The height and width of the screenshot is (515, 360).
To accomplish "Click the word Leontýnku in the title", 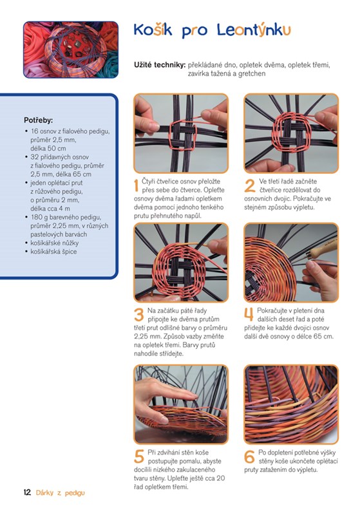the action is [254, 30].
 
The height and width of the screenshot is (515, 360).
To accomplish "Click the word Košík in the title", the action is [153, 30].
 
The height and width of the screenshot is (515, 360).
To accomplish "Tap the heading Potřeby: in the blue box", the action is [39, 120].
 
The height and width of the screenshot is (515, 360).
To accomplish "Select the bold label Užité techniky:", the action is [160, 65].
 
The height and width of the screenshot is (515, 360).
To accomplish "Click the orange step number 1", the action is [136, 186].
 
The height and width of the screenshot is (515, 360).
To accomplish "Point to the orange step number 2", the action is [250, 186].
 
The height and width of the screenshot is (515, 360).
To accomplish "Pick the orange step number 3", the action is [139, 315].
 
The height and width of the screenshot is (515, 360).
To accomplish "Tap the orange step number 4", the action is [249, 315].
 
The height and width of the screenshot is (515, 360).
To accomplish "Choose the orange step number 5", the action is [139, 457].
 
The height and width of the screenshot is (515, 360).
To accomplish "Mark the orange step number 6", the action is [249, 457].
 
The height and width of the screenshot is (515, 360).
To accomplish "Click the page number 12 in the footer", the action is [27, 492].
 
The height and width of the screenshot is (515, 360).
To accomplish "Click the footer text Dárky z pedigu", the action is [61, 492].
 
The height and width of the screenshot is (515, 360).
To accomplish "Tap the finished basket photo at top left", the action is [71, 50].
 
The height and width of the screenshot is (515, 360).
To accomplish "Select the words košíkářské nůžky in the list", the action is [55, 243].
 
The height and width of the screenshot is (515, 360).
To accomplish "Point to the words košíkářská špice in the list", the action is [53, 252].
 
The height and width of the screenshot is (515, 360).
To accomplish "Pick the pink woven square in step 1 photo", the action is [183, 135].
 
